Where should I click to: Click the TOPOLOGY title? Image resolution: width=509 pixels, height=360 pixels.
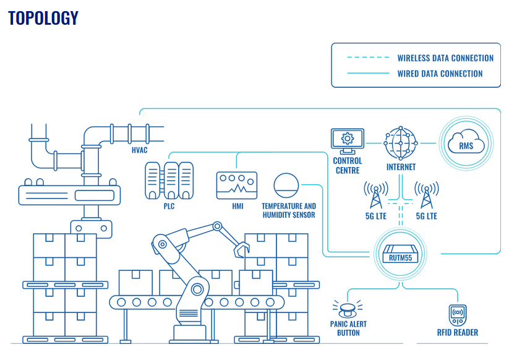(x=43, y=19)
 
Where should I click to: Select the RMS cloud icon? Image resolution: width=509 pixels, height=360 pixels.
(x=466, y=144)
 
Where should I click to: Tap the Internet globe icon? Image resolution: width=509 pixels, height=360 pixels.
(x=401, y=144)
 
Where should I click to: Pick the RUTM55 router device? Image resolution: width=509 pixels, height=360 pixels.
(x=401, y=254)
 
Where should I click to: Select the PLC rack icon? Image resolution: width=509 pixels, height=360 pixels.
(x=169, y=180)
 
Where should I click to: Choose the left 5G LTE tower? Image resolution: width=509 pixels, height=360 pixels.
(x=376, y=195)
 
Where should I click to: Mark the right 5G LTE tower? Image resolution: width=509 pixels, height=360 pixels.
(x=426, y=195)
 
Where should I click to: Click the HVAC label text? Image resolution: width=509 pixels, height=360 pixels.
(x=139, y=150)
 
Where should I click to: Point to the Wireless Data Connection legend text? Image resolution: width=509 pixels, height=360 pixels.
(x=445, y=58)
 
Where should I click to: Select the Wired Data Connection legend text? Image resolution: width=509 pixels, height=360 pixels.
(x=440, y=74)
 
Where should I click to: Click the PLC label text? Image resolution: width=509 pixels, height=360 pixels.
(x=169, y=207)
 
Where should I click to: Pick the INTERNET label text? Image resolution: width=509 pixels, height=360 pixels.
(x=401, y=167)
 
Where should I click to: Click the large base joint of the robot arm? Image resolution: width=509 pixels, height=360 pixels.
(x=197, y=288)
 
